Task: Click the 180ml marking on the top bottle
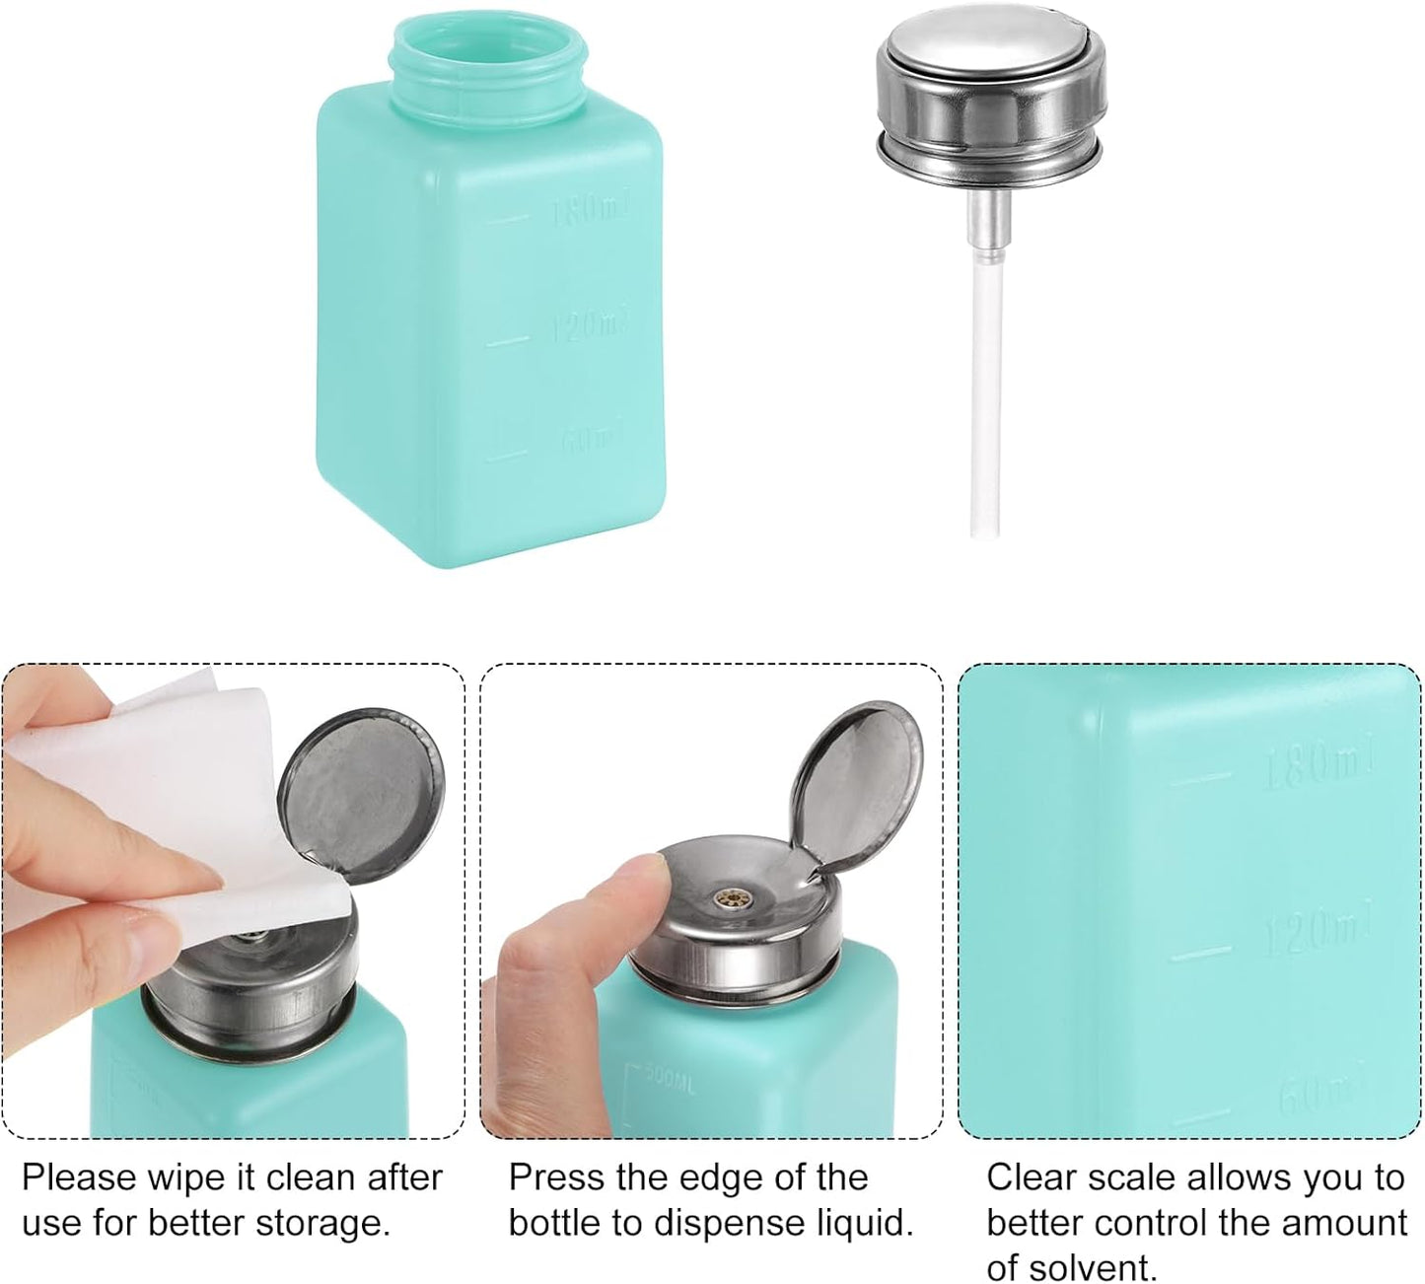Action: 589,209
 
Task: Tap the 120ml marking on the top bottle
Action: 589,324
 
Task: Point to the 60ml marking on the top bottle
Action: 593,437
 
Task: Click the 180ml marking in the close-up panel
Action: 1319,764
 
